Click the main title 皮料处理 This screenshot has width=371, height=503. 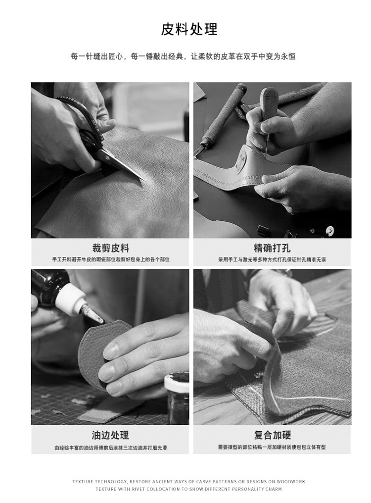click(x=189, y=29)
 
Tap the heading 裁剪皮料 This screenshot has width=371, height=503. click(x=110, y=248)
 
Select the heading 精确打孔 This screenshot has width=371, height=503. click(x=272, y=248)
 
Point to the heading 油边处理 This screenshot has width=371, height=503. click(x=110, y=435)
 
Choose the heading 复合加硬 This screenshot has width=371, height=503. click(x=272, y=435)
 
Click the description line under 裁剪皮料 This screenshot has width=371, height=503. click(x=110, y=259)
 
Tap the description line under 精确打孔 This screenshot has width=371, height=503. click(x=272, y=259)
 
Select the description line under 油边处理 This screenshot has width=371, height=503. click(x=110, y=448)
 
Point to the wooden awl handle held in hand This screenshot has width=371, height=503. click(x=269, y=102)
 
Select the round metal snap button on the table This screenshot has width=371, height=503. click(x=329, y=230)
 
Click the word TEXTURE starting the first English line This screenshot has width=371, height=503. click(x=83, y=481)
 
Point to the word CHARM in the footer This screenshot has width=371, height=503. click(x=273, y=489)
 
